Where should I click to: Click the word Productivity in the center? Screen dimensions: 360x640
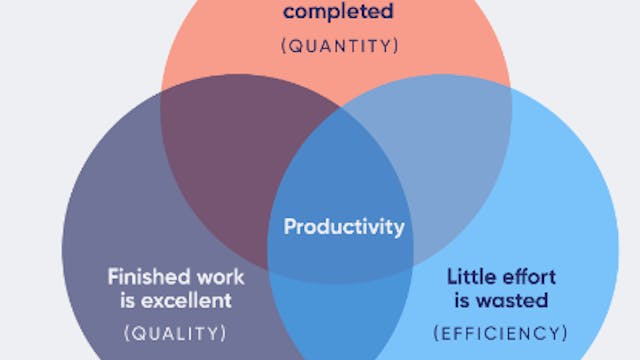pos(344,227)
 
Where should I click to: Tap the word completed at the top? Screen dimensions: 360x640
pos(338,13)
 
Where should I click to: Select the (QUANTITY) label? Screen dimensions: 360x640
pos(338,45)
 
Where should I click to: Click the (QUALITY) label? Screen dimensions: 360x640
pos(175,331)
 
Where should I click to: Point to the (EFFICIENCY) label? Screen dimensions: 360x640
pos(501,331)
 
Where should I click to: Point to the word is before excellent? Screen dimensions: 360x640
pos(124,299)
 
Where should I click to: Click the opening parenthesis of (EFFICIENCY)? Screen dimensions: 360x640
pos(437,331)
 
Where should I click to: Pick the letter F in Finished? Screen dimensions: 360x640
pos(113,275)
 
